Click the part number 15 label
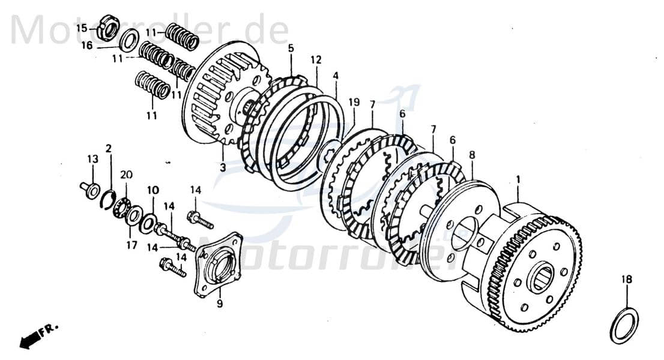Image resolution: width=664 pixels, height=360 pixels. [81, 28]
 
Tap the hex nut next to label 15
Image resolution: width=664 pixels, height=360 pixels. [107, 26]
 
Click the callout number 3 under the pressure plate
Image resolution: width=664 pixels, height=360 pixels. [222, 167]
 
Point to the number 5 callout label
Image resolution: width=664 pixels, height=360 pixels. [291, 48]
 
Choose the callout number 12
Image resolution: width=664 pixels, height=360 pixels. [316, 60]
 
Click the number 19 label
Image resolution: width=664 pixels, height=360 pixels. [354, 103]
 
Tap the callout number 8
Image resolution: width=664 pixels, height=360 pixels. [472, 154]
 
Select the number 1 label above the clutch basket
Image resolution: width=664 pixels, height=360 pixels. [518, 179]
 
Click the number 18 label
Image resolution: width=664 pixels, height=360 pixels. [626, 280]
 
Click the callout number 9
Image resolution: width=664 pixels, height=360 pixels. [220, 304]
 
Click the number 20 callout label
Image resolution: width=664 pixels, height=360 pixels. [126, 175]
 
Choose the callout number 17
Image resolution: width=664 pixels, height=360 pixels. [131, 245]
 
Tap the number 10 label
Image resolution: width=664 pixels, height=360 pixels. [153, 190]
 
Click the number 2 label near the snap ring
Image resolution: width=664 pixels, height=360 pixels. [109, 148]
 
